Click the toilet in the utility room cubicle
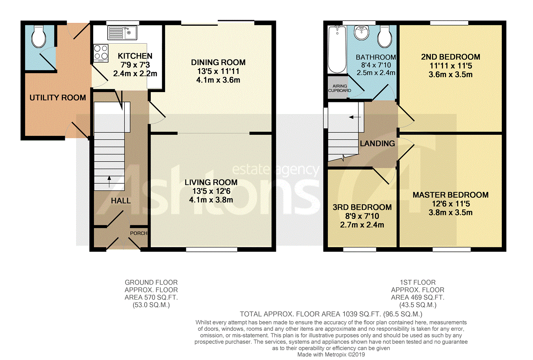pos(39,36)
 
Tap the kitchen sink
pos(122,33)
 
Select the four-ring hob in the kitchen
pos(101,53)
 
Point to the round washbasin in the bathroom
pos(361,32)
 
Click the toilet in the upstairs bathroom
pos(385,37)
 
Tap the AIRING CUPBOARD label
pos(340,88)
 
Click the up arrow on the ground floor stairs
pos(109,182)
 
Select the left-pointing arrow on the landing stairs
pos(355,117)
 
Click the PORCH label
pos(139,233)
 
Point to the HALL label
pos(121,201)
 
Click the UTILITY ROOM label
pos(58,98)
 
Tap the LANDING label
pos(377,143)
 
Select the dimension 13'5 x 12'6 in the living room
pos(211,191)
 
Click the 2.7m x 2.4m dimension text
pos(362,225)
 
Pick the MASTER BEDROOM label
pos(450,195)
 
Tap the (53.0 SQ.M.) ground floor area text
pos(151,305)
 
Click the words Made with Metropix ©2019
pos(331,354)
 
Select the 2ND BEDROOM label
pos(450,57)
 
